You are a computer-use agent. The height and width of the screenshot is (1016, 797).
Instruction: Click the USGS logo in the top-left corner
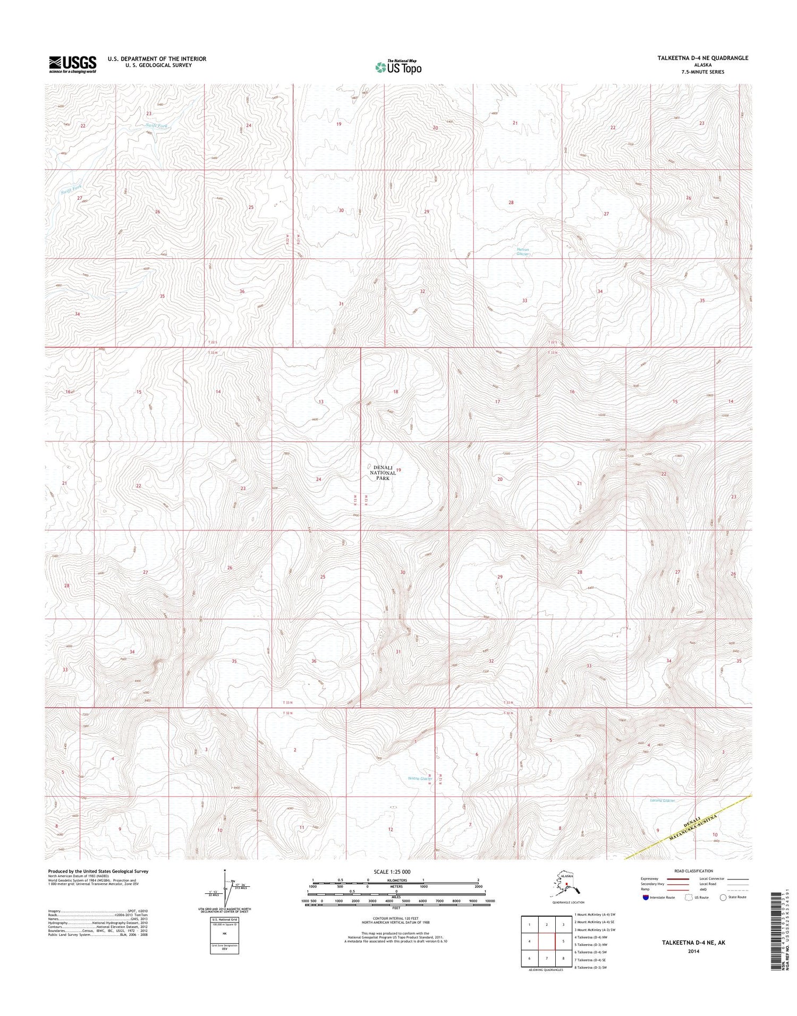pyautogui.click(x=72, y=64)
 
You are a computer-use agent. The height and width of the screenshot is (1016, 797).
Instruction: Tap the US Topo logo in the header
pyautogui.click(x=398, y=67)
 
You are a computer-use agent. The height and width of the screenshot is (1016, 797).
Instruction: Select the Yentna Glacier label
pyautogui.click(x=420, y=778)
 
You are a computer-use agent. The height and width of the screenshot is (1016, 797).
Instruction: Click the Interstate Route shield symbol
pyautogui.click(x=646, y=898)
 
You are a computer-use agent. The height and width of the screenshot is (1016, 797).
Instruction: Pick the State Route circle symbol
pyautogui.click(x=723, y=898)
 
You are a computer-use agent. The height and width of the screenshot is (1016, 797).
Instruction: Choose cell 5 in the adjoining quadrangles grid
pyautogui.click(x=563, y=941)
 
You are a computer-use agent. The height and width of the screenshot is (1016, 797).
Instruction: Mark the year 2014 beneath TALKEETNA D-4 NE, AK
pyautogui.click(x=693, y=951)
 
